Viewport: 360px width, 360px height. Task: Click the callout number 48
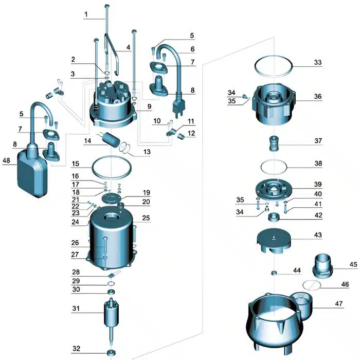tap(6, 160)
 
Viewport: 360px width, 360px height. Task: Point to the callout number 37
tap(318, 141)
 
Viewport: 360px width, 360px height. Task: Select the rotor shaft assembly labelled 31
tap(111, 314)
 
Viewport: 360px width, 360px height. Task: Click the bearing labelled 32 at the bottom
tap(111, 353)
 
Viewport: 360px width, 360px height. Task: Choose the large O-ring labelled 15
tap(111, 168)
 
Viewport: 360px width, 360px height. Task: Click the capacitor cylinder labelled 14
tap(109, 139)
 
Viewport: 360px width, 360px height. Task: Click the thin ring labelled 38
tap(274, 167)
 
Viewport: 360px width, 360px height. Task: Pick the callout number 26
tap(76, 242)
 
